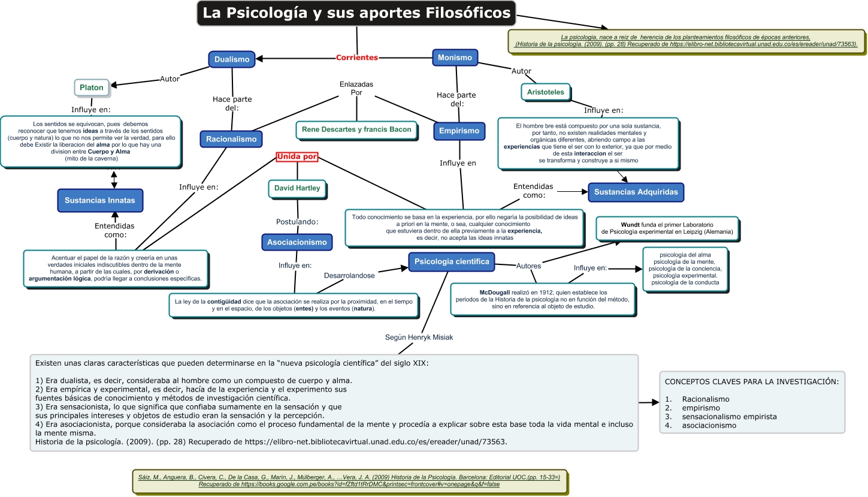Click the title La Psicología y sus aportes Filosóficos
click(x=356, y=13)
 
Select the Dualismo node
click(x=232, y=59)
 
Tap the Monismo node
click(x=455, y=58)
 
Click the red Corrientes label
click(x=357, y=58)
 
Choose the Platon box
click(x=92, y=88)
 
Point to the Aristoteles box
click(x=546, y=92)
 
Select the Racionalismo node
click(x=231, y=139)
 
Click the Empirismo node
click(x=459, y=131)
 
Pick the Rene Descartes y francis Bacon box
click(x=356, y=129)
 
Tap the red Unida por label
click(x=297, y=157)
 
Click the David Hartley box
click(x=297, y=188)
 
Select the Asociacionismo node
click(x=297, y=242)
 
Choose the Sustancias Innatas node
click(x=100, y=200)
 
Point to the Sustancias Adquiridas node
click(x=636, y=192)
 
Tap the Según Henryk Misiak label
click(x=419, y=338)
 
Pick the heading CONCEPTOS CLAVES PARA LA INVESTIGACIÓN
click(x=751, y=381)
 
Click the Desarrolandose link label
click(x=349, y=275)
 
